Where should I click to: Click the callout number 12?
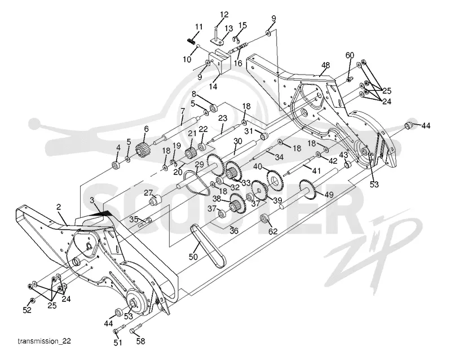point(224,15)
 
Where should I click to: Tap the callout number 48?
point(326,65)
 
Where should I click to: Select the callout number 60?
point(350,55)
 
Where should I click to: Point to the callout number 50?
point(193,256)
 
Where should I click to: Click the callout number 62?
point(273,231)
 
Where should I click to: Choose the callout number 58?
point(140,341)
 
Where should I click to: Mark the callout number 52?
point(27,310)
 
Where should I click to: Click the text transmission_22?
point(45,341)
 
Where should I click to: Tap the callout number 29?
point(199,164)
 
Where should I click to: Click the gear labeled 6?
point(143,150)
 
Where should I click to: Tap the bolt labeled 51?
point(119,330)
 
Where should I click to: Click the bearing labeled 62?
point(264,218)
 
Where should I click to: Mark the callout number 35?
point(134,219)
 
